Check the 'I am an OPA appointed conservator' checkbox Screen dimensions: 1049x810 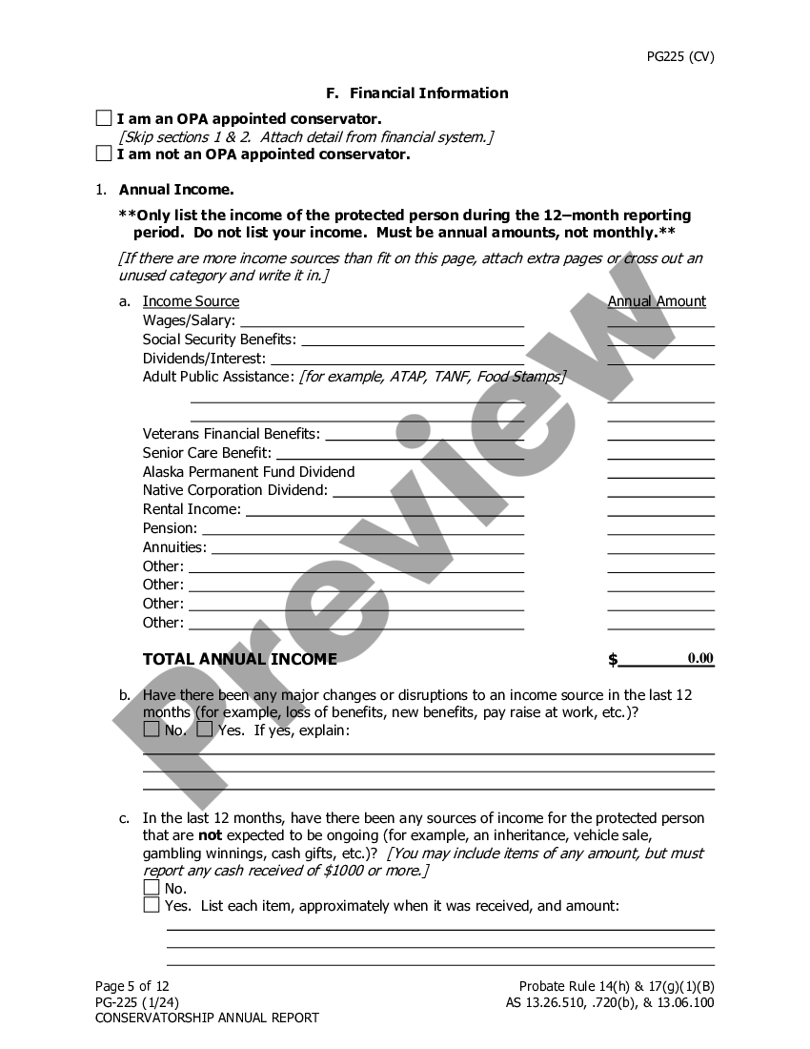click(x=104, y=119)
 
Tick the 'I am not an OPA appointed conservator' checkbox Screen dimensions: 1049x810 click(x=104, y=154)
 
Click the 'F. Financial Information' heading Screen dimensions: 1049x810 click(x=416, y=93)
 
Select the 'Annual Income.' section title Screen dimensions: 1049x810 click(x=176, y=190)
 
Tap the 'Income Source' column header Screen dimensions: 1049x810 click(x=191, y=301)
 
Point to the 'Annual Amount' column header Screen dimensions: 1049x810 click(x=657, y=301)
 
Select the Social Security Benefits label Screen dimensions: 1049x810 click(x=219, y=339)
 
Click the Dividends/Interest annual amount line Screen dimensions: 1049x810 click(x=660, y=360)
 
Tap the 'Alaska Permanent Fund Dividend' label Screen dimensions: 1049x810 click(x=249, y=472)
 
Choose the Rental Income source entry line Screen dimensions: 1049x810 click(x=385, y=510)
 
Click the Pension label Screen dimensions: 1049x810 click(x=170, y=528)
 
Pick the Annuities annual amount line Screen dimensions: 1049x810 click(x=660, y=548)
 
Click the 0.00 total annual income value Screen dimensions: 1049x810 click(x=700, y=658)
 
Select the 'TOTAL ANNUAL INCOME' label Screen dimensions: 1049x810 click(x=239, y=659)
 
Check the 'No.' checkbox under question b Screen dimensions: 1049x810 click(x=152, y=730)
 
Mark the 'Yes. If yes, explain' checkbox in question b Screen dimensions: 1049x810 click(x=205, y=730)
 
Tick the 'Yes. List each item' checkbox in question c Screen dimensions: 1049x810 click(x=152, y=905)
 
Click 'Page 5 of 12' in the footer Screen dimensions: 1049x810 click(x=132, y=986)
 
